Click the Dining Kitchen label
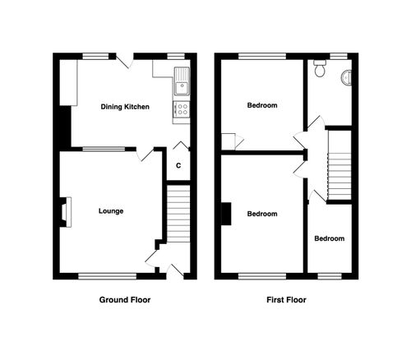tap(125, 107)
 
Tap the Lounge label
tap(111, 211)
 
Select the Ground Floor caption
tap(124, 300)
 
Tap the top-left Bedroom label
tap(262, 105)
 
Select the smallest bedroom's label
tap(329, 238)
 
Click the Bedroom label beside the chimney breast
tap(262, 214)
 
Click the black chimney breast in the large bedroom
tap(224, 213)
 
